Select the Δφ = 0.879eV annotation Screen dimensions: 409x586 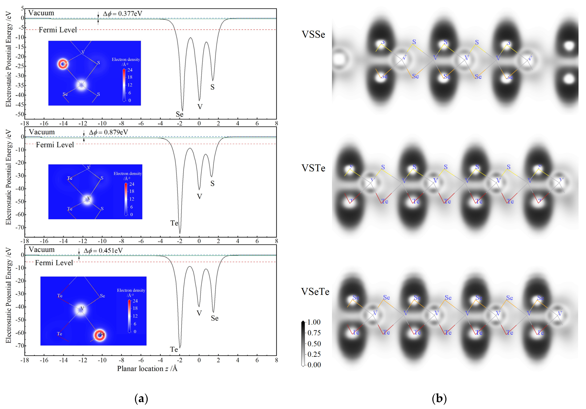pyautogui.click(x=108, y=132)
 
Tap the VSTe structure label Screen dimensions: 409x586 pyautogui.click(x=313, y=168)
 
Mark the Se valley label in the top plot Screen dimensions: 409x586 pyautogui.click(x=179, y=114)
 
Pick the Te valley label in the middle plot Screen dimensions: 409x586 pyautogui.click(x=174, y=223)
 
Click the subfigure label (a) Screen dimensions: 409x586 pyautogui.click(x=141, y=398)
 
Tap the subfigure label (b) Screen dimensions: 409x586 pyautogui.click(x=439, y=398)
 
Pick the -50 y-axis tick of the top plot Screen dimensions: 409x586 pyautogui.click(x=19, y=114)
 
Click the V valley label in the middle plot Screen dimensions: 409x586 pyautogui.click(x=199, y=196)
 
